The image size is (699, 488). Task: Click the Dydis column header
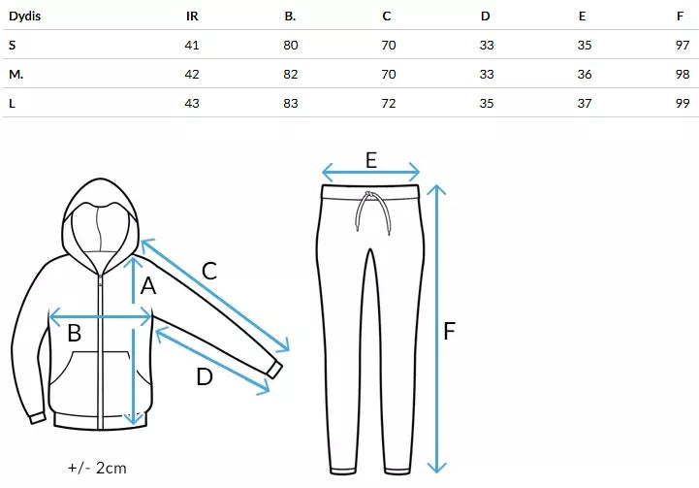click(x=25, y=16)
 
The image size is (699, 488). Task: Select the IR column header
click(x=192, y=16)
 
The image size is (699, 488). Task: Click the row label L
click(x=12, y=103)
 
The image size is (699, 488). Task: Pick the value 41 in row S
click(x=192, y=45)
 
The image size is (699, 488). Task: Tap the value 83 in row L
click(x=290, y=103)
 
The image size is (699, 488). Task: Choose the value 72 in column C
click(x=388, y=103)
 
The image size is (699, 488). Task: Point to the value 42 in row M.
click(x=192, y=74)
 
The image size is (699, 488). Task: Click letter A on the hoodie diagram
click(x=148, y=285)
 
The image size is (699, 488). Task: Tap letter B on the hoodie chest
click(x=74, y=334)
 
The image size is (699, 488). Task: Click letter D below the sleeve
click(x=204, y=376)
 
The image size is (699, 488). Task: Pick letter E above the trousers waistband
click(x=371, y=160)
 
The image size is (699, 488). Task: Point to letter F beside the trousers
click(x=450, y=331)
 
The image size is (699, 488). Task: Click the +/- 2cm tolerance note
click(x=97, y=468)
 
